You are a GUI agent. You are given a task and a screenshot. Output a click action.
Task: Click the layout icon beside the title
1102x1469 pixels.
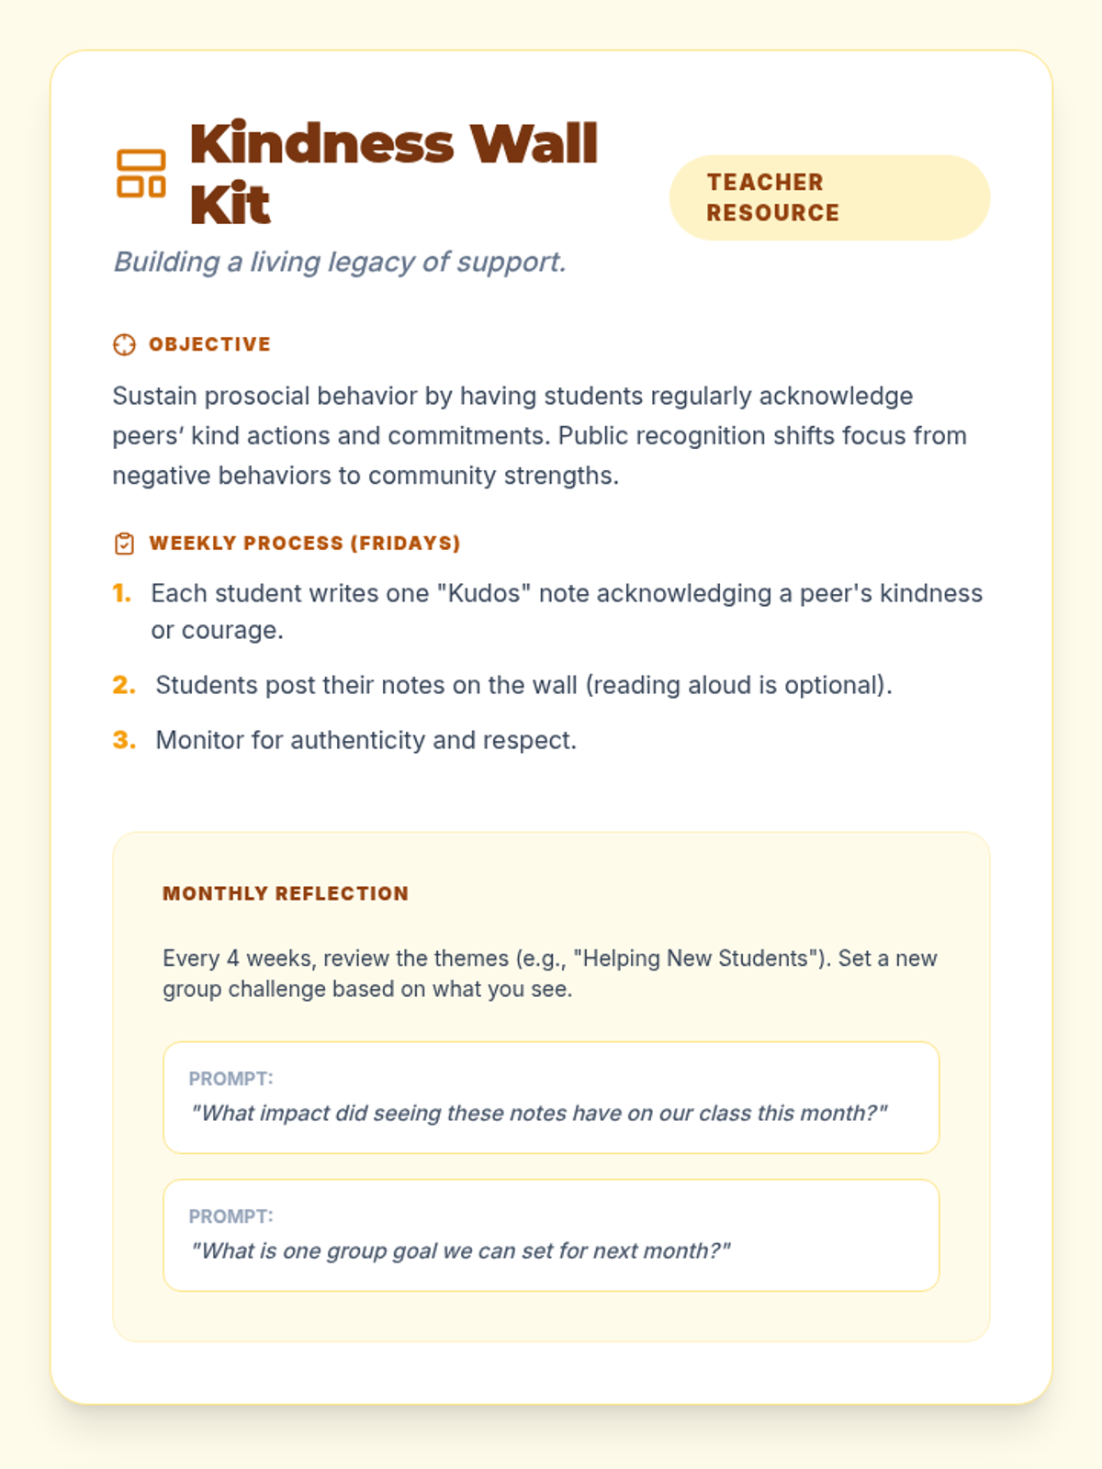tap(141, 174)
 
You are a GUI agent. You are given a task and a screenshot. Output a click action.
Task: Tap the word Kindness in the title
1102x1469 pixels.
tap(322, 144)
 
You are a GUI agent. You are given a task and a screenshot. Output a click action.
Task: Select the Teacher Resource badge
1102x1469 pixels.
tap(829, 197)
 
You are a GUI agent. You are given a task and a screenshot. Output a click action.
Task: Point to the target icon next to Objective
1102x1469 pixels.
tap(124, 344)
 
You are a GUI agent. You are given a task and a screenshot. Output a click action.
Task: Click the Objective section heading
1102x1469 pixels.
tap(209, 344)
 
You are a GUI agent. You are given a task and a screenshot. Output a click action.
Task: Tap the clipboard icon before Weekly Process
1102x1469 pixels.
tap(124, 544)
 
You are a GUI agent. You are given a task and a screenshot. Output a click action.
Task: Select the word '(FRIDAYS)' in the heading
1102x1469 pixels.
tap(405, 544)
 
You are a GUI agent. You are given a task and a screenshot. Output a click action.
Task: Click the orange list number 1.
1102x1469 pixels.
tap(122, 593)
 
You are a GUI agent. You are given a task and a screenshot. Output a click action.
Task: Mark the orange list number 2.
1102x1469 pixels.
tap(124, 685)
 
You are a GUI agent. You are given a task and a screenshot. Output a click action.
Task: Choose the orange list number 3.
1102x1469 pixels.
tap(124, 740)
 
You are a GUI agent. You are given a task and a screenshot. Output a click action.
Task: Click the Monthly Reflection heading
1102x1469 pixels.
tap(286, 894)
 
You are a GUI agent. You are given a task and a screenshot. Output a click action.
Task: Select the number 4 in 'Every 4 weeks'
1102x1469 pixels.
tap(233, 959)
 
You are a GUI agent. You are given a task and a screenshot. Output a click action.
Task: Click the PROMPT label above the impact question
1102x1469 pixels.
tap(231, 1079)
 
